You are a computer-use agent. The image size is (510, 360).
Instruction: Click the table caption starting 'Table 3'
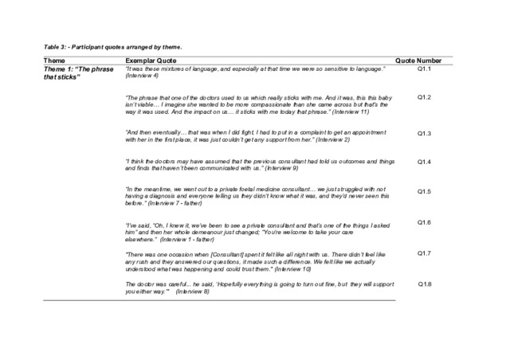click(x=112, y=47)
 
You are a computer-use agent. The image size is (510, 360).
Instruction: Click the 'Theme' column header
click(x=55, y=61)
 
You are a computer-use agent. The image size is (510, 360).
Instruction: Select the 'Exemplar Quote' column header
click(x=150, y=61)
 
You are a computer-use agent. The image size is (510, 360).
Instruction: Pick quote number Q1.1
click(x=424, y=70)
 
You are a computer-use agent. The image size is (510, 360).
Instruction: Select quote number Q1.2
click(x=424, y=97)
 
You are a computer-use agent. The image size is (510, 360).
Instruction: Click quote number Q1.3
click(x=424, y=134)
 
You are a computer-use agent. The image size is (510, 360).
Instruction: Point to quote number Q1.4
click(x=424, y=162)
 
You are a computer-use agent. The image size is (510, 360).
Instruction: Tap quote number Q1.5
click(x=424, y=192)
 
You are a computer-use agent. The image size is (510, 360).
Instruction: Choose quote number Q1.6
click(x=424, y=222)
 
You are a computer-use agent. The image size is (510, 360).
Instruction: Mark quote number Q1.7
click(x=424, y=253)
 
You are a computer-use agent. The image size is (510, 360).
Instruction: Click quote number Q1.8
click(x=424, y=284)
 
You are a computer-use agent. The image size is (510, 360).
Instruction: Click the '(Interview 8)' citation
click(x=194, y=292)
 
